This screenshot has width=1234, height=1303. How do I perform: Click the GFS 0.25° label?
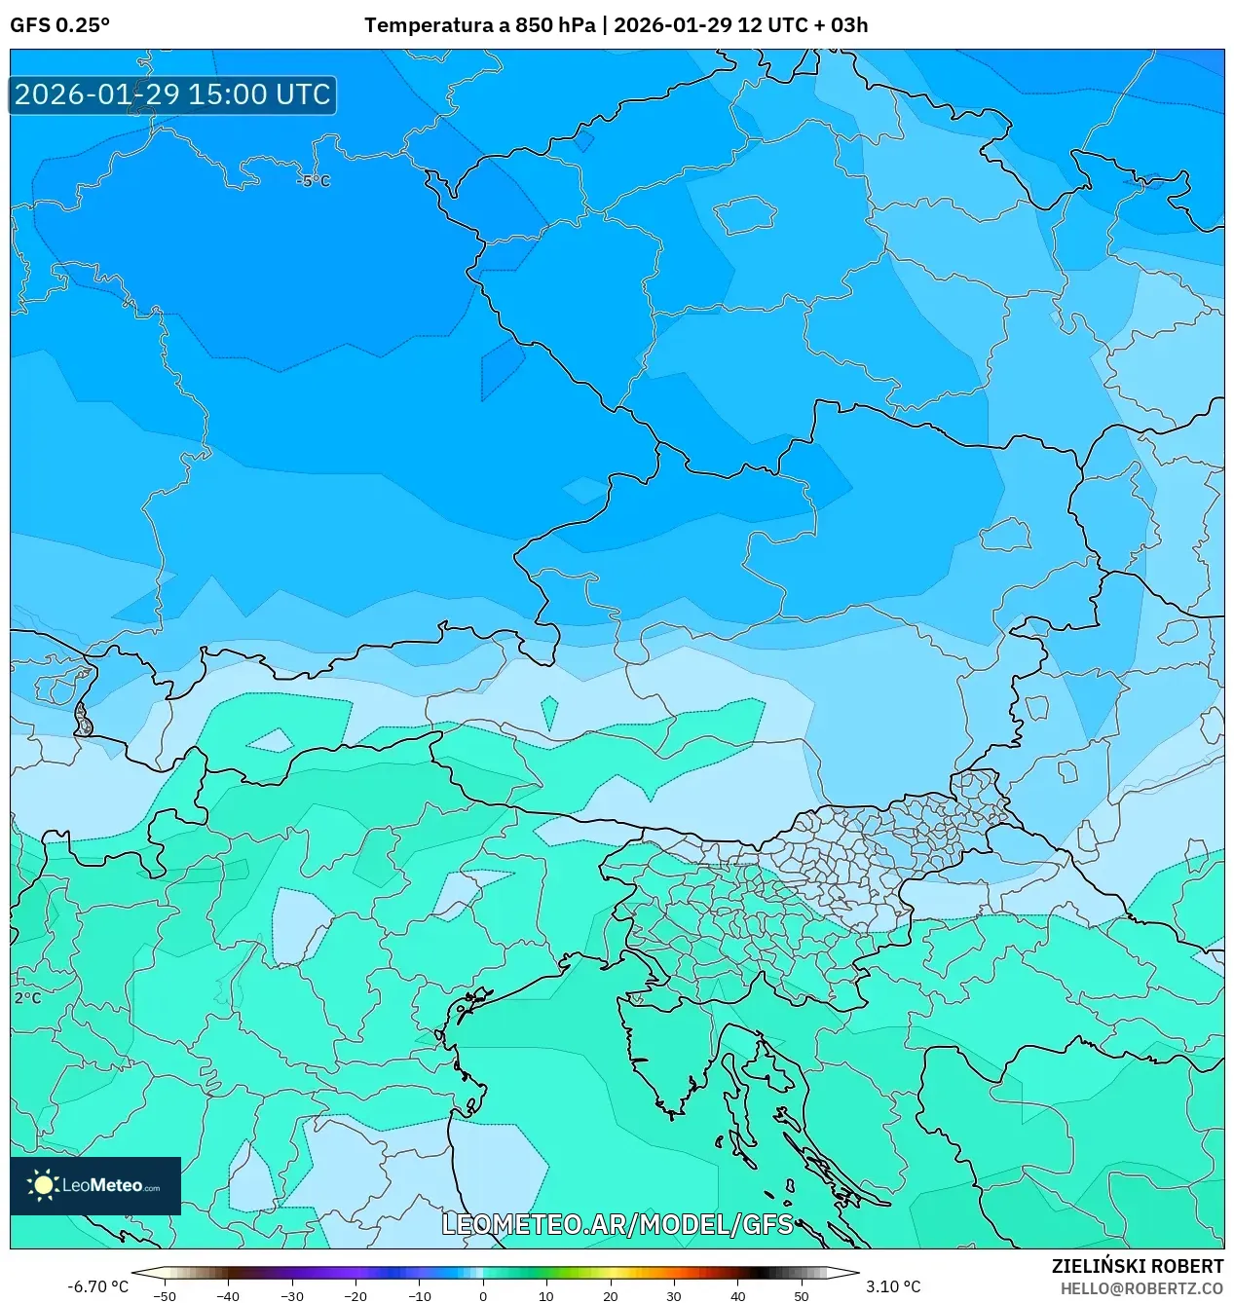[x=59, y=25]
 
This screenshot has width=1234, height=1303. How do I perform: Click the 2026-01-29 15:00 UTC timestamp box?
[x=172, y=94]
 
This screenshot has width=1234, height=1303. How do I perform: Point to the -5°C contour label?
[x=314, y=181]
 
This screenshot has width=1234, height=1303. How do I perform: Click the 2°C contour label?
[x=27, y=998]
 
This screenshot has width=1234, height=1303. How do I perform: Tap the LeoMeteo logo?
[x=95, y=1185]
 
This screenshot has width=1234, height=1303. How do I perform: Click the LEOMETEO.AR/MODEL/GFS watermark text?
[x=617, y=1224]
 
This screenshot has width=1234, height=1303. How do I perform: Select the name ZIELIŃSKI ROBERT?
[x=1137, y=1266]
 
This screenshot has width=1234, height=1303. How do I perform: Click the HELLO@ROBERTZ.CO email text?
[x=1141, y=1288]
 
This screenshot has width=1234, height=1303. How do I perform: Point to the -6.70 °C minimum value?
[x=97, y=1286]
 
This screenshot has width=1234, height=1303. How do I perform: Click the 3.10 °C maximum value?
[x=893, y=1286]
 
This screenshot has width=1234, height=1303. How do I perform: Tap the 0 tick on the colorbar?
[x=483, y=1295]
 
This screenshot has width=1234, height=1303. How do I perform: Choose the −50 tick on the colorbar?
[x=165, y=1295]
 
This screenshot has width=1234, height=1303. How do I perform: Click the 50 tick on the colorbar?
[x=801, y=1295]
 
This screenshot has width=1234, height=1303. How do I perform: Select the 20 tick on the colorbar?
[x=610, y=1295]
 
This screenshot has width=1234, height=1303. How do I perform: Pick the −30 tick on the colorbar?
[x=292, y=1295]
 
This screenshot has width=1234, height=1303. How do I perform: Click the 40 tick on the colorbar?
[x=737, y=1295]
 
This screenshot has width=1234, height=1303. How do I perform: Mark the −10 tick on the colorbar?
[x=419, y=1295]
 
